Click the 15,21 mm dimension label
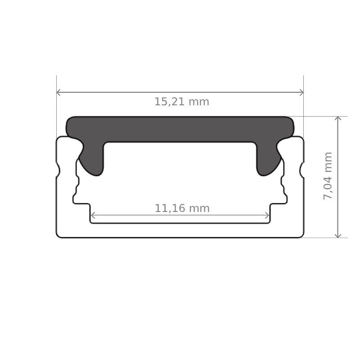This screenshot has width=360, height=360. point(182,102)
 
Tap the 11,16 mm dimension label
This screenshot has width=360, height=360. point(182,209)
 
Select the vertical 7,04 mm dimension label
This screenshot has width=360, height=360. point(328,175)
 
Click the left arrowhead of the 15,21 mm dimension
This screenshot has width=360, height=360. point(58,92)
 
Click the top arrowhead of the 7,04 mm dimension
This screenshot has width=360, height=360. point(338,119)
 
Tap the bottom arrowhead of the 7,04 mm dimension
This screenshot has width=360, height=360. point(338,235)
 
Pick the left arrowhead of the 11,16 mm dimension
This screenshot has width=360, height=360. point(93,216)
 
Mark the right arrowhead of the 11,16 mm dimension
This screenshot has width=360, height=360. point(267,216)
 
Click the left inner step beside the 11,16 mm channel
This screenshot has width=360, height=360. point(82,203)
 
